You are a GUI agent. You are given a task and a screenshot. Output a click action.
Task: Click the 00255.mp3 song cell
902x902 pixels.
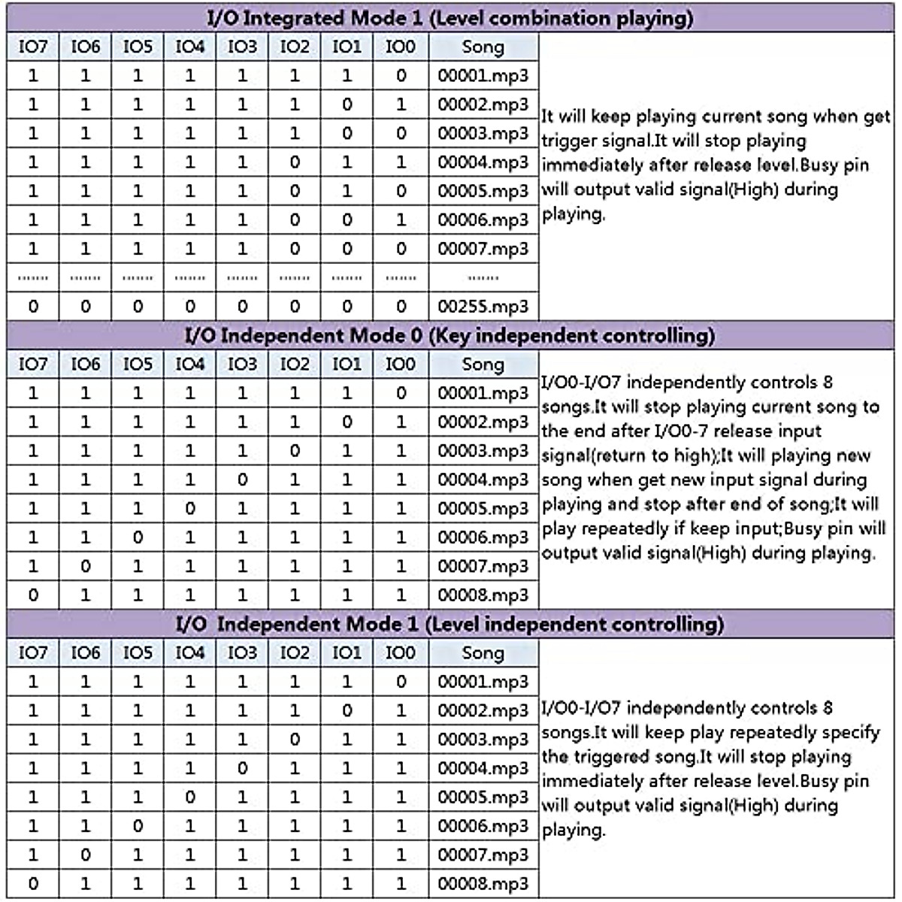pos(483,307)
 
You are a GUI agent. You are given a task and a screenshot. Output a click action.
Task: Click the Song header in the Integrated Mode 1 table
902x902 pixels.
pos(483,47)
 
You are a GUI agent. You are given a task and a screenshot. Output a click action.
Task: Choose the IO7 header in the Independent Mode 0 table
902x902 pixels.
pos(33,365)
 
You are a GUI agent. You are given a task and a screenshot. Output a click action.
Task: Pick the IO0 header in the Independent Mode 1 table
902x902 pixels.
pos(400,653)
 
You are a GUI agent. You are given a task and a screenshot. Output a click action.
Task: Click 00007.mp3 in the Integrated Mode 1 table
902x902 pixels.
pos(483,249)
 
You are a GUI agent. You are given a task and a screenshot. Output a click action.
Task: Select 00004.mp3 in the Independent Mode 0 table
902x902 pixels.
pos(483,480)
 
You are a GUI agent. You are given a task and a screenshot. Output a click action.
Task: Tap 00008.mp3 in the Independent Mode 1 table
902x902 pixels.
pos(483,884)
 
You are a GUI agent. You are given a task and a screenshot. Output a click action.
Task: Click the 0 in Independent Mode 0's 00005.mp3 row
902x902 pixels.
pos(190,509)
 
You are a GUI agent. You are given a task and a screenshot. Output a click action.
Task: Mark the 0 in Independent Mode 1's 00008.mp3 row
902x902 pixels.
pos(33,884)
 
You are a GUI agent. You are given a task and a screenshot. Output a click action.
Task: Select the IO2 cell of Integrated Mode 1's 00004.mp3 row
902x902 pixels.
pos(295,162)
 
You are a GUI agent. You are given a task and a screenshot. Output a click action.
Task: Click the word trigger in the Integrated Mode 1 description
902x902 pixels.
pos(568,141)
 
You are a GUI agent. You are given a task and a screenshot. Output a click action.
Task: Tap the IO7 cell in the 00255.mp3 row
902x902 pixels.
pos(33,307)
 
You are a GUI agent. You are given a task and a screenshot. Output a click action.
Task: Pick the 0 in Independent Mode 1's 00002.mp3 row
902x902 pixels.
pos(347,710)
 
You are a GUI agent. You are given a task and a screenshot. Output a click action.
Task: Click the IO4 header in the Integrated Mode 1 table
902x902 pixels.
pos(190,47)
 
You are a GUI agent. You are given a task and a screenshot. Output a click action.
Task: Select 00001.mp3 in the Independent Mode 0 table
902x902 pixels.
pos(483,393)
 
